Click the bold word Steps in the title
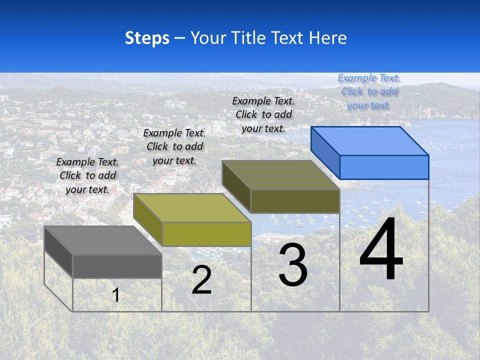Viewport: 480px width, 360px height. (x=147, y=38)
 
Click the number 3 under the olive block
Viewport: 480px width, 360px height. (x=293, y=265)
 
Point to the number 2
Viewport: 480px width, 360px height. (x=201, y=280)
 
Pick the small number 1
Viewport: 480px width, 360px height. (x=116, y=295)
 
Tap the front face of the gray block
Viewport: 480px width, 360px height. (x=117, y=266)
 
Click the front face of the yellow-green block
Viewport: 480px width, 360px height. (x=206, y=234)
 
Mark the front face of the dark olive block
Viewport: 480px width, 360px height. (x=295, y=201)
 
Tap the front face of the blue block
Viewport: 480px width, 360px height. (x=384, y=167)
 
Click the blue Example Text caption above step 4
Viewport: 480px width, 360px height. (x=369, y=91)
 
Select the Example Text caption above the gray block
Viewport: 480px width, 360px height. (x=87, y=175)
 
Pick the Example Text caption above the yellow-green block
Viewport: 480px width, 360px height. (x=174, y=146)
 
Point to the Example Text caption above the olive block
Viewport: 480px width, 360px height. (x=263, y=114)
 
